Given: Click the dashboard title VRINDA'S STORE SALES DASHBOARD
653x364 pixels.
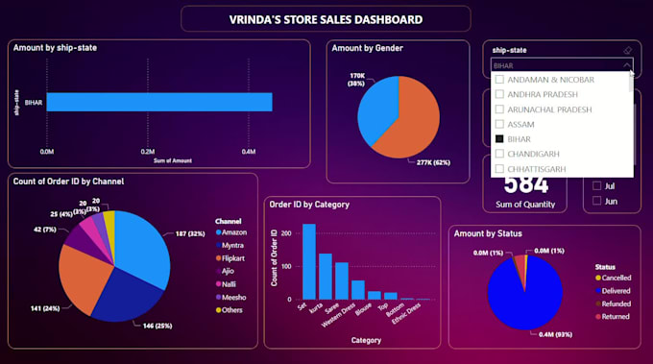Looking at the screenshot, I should click(x=326, y=19).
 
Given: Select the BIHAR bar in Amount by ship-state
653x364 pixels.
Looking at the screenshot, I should click(x=158, y=102).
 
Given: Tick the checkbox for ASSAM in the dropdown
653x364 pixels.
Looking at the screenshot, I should click(x=499, y=124).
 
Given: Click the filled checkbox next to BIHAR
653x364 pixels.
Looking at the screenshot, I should click(x=499, y=139).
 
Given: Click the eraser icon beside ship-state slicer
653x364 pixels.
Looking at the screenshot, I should click(x=626, y=50).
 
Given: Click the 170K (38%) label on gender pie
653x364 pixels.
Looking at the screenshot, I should click(x=356, y=79).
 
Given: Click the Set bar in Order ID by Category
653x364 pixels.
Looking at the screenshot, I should click(x=309, y=263).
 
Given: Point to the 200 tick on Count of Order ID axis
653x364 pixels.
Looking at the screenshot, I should click(x=291, y=233).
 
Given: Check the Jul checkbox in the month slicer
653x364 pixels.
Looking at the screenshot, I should click(x=597, y=185).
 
